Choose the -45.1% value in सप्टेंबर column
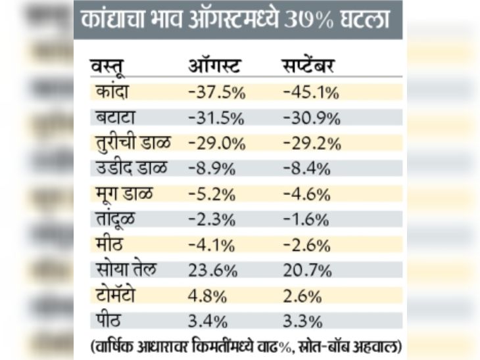pyautogui.click(x=311, y=92)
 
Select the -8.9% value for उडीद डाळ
pyautogui.click(x=211, y=168)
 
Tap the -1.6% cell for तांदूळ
pyautogui.click(x=306, y=219)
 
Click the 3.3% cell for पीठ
pyautogui.click(x=302, y=320)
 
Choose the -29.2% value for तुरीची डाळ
pyautogui.click(x=312, y=143)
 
